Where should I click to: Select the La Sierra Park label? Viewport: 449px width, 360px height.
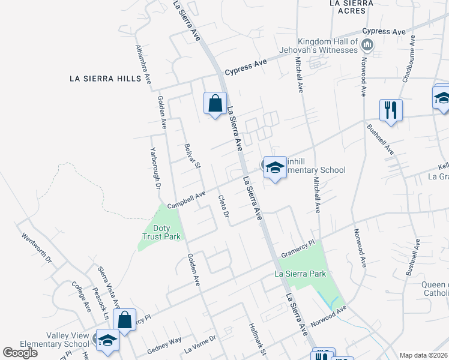pos(300,274)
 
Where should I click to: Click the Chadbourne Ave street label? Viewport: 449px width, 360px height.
pos(409,58)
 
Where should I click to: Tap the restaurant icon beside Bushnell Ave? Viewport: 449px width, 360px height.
pos(390,110)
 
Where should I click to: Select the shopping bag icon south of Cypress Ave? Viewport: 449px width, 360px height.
pos(215,103)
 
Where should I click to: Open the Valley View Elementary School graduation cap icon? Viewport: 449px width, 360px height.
pos(107,340)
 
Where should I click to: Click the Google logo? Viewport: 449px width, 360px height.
pos(20,353)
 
